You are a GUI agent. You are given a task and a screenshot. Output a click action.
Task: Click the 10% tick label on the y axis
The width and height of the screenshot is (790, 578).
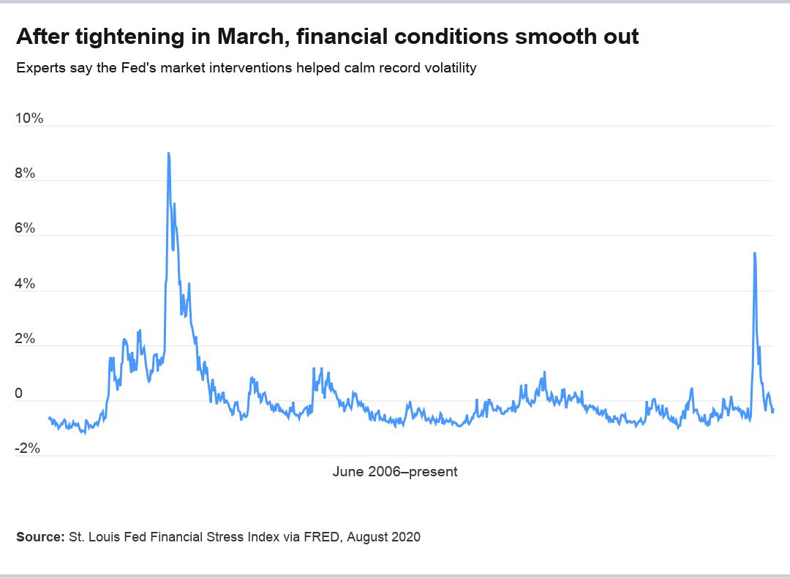pyautogui.click(x=30, y=118)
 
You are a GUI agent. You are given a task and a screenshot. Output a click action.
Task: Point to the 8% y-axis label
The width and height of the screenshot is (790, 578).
pyautogui.click(x=26, y=173)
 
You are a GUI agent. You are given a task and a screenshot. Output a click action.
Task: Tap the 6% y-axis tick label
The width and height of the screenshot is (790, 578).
pyautogui.click(x=26, y=228)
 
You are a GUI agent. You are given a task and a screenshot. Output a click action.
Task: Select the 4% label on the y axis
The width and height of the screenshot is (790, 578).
pyautogui.click(x=26, y=284)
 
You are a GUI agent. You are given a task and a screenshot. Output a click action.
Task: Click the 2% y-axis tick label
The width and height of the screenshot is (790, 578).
pyautogui.click(x=26, y=339)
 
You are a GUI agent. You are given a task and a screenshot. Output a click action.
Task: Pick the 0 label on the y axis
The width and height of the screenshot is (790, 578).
pyautogui.click(x=20, y=394)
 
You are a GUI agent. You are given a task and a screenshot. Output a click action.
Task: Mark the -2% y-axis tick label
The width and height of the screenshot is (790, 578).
pyautogui.click(x=29, y=448)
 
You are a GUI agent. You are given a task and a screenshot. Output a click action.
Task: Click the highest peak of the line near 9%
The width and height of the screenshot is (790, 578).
pyautogui.click(x=168, y=154)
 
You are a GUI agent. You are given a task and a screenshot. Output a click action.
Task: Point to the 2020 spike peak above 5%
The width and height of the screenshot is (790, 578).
pyautogui.click(x=754, y=253)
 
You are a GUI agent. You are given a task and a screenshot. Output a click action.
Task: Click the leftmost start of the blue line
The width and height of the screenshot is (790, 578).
pyautogui.click(x=49, y=418)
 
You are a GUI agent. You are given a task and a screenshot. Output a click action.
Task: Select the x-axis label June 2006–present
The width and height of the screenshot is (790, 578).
pyautogui.click(x=395, y=472)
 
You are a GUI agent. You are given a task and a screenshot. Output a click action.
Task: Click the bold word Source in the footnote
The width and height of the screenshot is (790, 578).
pyautogui.click(x=39, y=537)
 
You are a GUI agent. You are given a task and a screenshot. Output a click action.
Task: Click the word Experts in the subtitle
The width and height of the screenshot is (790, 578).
pyautogui.click(x=39, y=68)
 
